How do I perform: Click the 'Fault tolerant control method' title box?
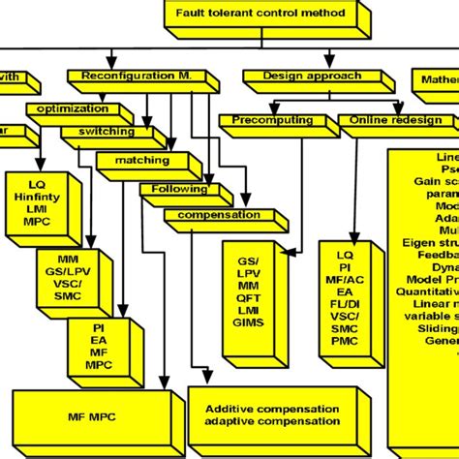[253, 13]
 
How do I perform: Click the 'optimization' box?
[73, 108]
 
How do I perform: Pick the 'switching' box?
[100, 131]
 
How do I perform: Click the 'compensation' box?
[219, 214]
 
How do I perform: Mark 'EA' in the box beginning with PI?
[98, 341]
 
